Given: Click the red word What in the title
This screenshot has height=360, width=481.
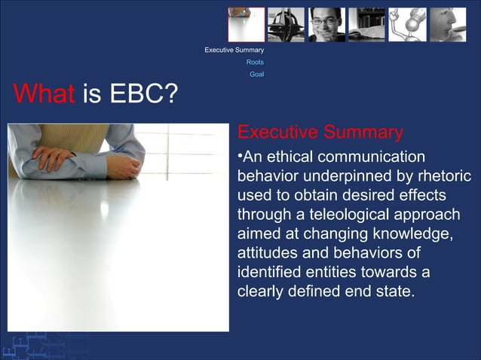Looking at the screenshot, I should (x=43, y=95).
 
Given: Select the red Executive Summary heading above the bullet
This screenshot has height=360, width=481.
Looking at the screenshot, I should (x=320, y=133).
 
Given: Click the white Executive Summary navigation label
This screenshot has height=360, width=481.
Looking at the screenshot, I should (x=234, y=50).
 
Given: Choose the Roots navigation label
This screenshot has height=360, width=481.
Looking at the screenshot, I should (x=255, y=63).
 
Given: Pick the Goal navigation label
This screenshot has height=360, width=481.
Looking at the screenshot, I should (x=256, y=75).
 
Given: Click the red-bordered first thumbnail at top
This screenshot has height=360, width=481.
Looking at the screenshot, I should (x=247, y=24).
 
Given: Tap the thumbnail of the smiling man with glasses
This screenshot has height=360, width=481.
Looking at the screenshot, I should (x=326, y=24).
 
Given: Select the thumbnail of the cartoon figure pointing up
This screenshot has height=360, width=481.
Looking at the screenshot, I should (x=407, y=24).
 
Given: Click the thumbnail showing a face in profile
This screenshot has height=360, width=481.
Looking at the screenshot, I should (x=448, y=24).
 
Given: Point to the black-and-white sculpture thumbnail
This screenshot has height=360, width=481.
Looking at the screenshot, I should (x=286, y=24).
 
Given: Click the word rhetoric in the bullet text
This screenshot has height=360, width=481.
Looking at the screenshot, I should (x=443, y=176).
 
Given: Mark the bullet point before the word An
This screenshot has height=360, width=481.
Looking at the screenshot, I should (x=240, y=157).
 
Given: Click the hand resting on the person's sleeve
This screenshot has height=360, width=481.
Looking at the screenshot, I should (x=53, y=158).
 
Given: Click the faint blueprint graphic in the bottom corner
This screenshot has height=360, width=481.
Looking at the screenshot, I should (x=30, y=345).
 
